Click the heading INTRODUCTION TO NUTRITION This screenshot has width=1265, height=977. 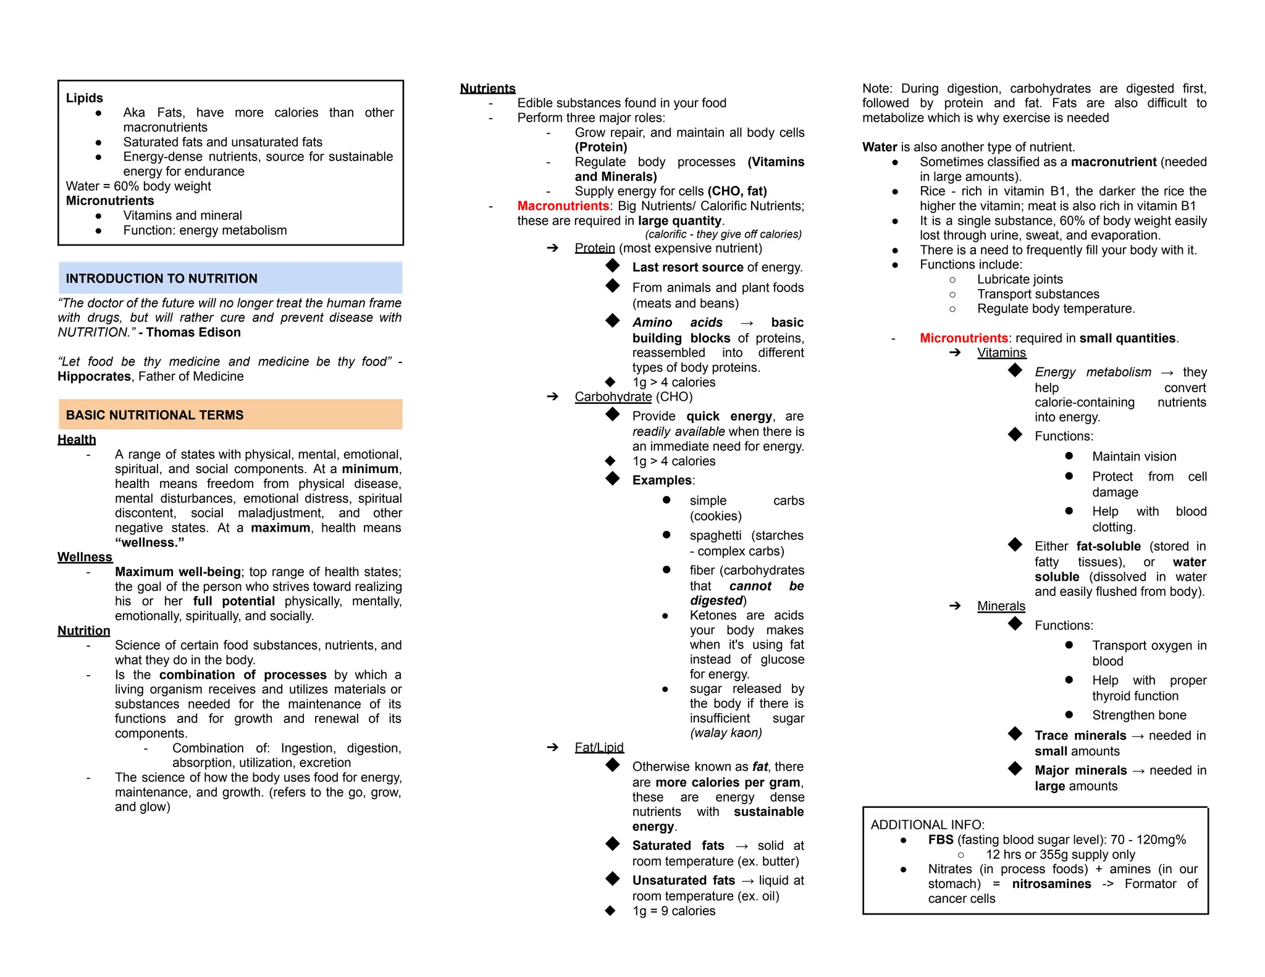click(161, 279)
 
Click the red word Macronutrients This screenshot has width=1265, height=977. click(563, 206)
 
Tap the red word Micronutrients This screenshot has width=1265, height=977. click(963, 338)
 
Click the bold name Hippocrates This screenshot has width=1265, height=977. click(94, 377)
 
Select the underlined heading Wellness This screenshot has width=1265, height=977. click(85, 557)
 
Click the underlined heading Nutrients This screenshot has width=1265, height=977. click(487, 88)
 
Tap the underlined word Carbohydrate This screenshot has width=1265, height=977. click(613, 397)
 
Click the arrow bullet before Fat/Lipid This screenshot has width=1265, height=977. click(552, 747)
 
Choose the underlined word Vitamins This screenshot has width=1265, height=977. click(1001, 353)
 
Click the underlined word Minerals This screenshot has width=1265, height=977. click(1001, 606)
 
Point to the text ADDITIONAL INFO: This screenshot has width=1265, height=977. click(927, 825)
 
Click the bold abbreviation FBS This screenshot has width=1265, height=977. click(940, 840)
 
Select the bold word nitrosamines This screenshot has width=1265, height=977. click(1051, 884)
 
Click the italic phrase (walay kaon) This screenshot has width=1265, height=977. click(725, 733)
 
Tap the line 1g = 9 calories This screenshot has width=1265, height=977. click(673, 911)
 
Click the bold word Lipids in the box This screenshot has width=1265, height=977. click(85, 98)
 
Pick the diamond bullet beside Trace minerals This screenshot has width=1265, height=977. click(1015, 734)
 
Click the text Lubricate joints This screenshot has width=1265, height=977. click(1019, 280)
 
